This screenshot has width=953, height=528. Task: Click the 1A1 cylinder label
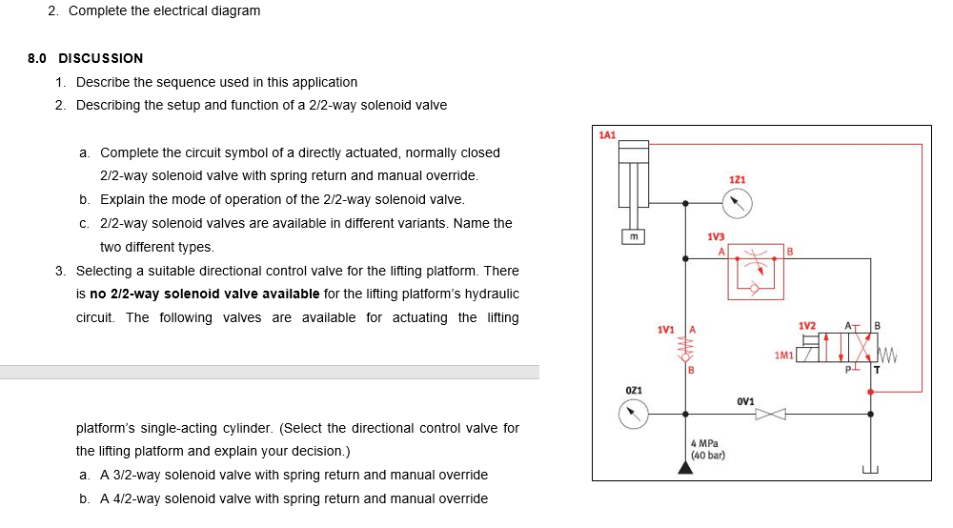pos(607,135)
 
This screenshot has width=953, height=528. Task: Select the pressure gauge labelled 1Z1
pos(737,202)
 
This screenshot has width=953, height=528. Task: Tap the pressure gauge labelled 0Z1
pos(633,414)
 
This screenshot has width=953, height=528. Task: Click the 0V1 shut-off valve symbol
pos(771,414)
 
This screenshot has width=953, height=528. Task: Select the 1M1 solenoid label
pos(783,355)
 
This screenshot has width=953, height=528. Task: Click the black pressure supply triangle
pos(684,467)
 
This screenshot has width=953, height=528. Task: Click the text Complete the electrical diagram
pos(164,10)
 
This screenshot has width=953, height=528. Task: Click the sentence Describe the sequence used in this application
pos(216,82)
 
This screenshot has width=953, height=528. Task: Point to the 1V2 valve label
pos(807,326)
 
